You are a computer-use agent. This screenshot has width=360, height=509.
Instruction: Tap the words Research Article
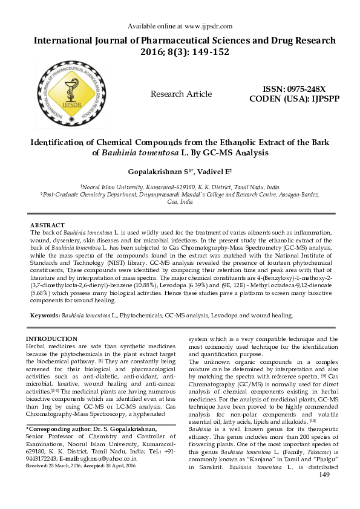point(181,94)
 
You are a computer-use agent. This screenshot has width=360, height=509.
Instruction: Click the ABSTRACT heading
point(47,225)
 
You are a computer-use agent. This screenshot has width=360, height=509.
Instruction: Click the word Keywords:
point(45,316)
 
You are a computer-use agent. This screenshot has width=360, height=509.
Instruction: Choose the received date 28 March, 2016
point(67,466)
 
